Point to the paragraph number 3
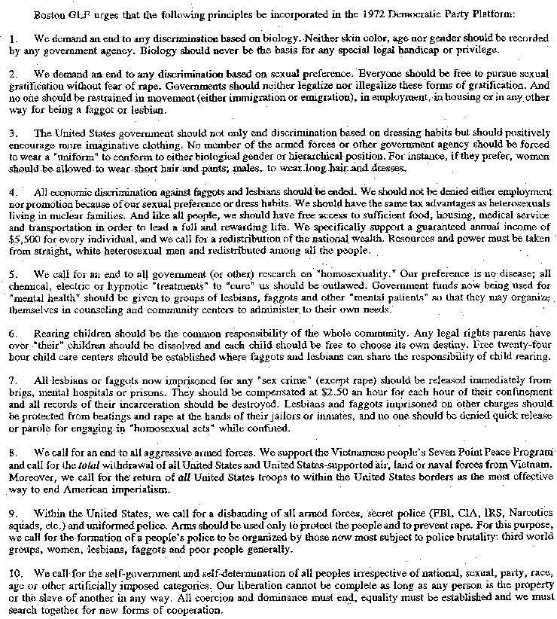[12, 133]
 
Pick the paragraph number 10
[16, 576]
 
